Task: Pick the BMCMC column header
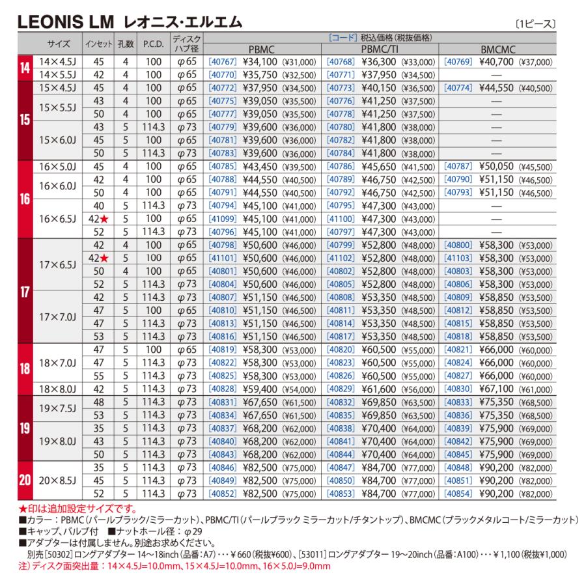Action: [x=498, y=49]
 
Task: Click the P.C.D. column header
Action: [x=150, y=45]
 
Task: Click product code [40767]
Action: [x=222, y=63]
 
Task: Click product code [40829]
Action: [x=341, y=388]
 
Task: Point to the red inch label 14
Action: [x=25, y=68]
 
